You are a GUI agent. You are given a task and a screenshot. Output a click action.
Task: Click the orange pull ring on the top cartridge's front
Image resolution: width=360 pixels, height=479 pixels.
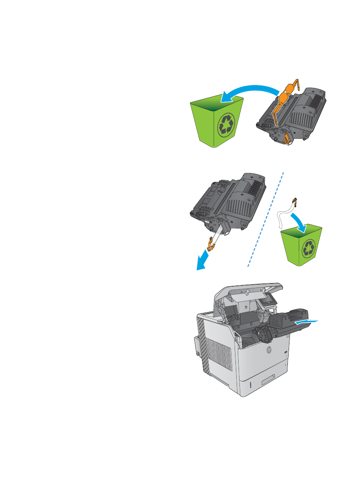[x=287, y=139]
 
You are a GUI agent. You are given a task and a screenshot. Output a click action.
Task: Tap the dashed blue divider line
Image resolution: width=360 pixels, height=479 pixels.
[x=266, y=220]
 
